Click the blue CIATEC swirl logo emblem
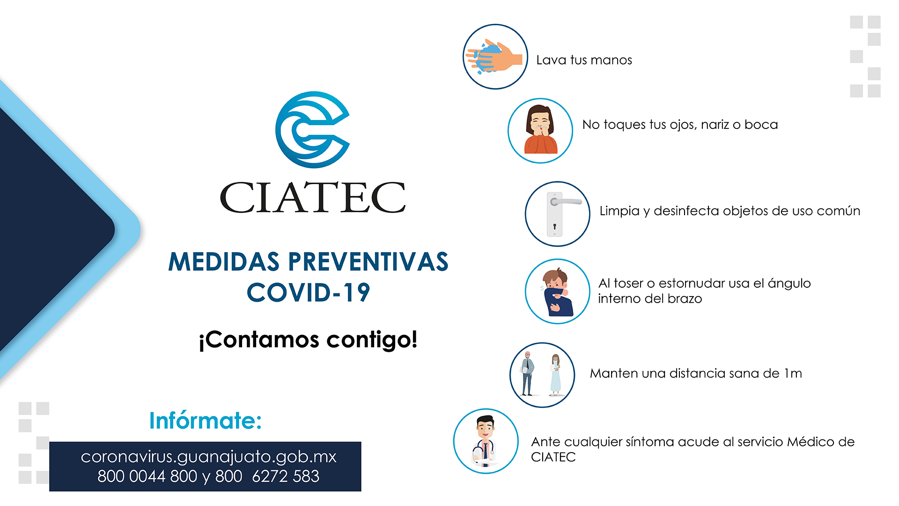coord(312,130)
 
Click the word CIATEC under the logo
coord(313,198)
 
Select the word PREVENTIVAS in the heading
coord(368,261)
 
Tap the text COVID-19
coord(309,292)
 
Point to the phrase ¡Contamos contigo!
coord(308,340)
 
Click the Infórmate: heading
coord(205,420)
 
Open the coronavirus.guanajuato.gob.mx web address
coord(208,457)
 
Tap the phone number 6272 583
coord(286,476)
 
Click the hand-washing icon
coord(495,57)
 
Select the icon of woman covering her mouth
coord(540,131)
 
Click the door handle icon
coord(557,214)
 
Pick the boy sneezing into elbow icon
coord(557,291)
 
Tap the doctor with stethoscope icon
coord(486,441)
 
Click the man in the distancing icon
coord(528,373)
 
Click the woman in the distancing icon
coord(555,375)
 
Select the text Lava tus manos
coord(584,60)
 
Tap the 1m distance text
coord(793,373)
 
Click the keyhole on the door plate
coord(555,227)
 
